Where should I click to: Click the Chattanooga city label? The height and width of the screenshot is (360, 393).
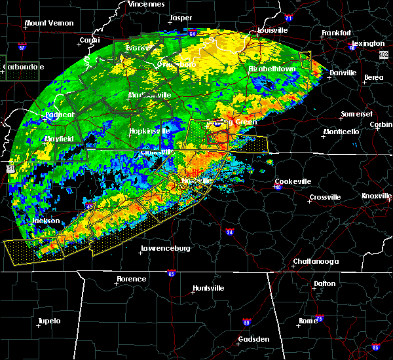click(x=315, y=262)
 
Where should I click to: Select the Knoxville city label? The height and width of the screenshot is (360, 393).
click(x=377, y=196)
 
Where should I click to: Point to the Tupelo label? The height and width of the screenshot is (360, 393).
click(x=48, y=321)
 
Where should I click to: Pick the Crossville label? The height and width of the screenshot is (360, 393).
click(x=326, y=197)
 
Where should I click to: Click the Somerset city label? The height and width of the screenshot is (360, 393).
click(x=356, y=115)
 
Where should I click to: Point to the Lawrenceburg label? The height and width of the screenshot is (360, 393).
click(x=165, y=249)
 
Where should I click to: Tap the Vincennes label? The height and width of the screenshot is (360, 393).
click(x=146, y=4)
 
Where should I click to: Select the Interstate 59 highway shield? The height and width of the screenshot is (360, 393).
click(x=246, y=322)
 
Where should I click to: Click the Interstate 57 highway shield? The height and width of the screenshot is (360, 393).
click(x=22, y=48)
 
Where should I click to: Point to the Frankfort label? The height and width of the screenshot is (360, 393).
click(x=337, y=33)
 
